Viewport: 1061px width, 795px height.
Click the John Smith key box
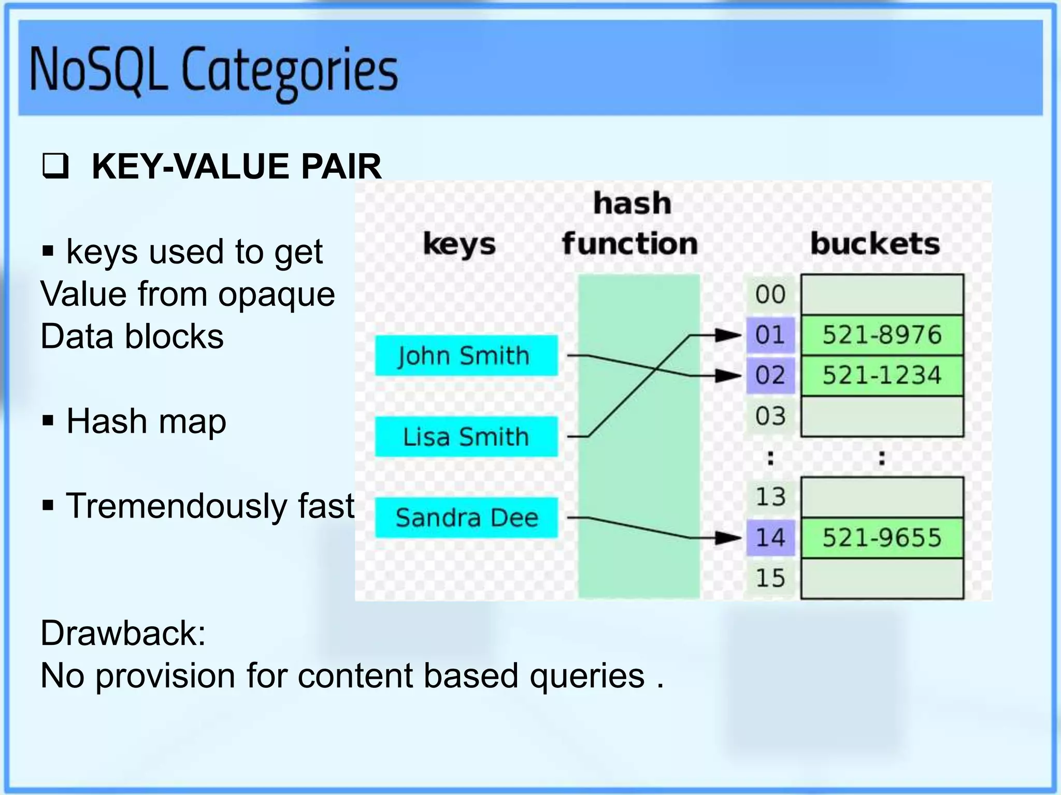coord(466,356)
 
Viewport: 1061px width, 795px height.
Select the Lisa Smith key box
coord(466,436)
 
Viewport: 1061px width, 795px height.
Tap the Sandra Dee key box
coord(466,518)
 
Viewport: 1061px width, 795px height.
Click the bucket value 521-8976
coord(882,335)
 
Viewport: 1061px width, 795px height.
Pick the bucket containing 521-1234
coord(882,375)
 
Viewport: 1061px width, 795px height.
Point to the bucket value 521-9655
coord(882,538)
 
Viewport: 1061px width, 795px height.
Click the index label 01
coord(770,335)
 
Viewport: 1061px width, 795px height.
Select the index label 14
coord(770,538)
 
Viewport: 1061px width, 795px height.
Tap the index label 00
coord(770,295)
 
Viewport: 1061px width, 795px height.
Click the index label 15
coord(770,578)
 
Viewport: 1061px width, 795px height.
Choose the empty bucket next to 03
coord(882,416)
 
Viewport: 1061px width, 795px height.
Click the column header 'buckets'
coord(875,243)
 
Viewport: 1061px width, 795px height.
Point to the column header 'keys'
coord(460,244)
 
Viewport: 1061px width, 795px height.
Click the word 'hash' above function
coord(632,203)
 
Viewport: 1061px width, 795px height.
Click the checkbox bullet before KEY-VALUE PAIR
coord(55,167)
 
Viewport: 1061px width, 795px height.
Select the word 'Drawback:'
coord(123,633)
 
